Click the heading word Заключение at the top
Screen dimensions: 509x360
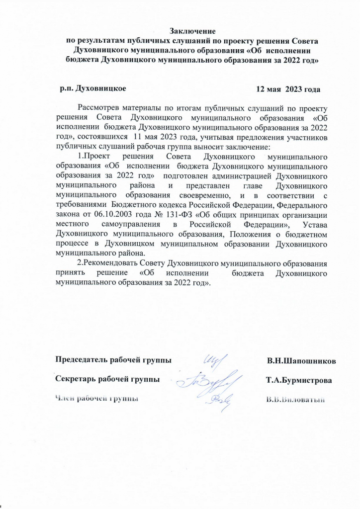pyautogui.click(x=193, y=32)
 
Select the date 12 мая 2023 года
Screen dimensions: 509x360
pyautogui.click(x=287, y=89)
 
